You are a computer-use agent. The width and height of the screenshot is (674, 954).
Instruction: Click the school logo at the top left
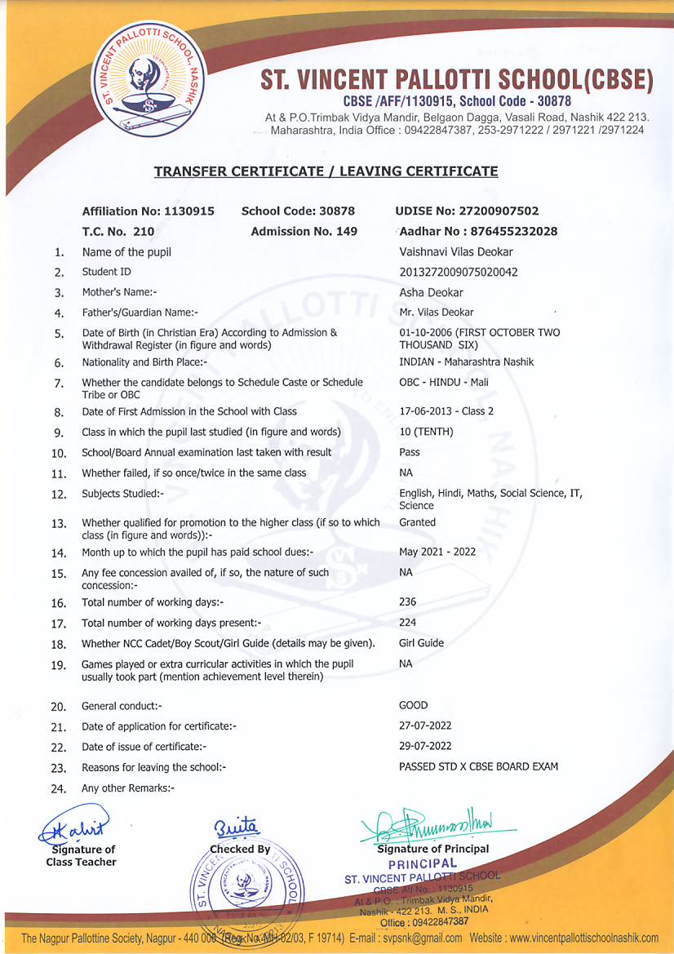tap(149, 82)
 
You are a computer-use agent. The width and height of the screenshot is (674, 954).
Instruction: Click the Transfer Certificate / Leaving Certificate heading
tap(326, 171)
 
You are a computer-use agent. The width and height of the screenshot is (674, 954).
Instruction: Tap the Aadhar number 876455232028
tap(479, 232)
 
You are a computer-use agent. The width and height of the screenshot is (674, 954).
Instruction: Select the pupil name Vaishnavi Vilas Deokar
tap(455, 252)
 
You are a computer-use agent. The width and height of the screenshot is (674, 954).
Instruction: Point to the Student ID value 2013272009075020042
tap(459, 273)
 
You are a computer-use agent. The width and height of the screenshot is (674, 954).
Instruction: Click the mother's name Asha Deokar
tap(431, 293)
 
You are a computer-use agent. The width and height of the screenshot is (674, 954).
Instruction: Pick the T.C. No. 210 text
tap(118, 232)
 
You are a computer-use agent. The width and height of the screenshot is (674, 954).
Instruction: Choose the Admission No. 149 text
tap(304, 232)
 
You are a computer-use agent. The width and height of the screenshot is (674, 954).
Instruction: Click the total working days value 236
tap(407, 602)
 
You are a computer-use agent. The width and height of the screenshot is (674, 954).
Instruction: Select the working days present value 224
tap(407, 623)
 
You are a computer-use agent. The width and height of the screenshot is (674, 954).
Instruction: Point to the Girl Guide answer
tap(421, 643)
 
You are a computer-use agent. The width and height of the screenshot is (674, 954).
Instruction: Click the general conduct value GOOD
tap(413, 705)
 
